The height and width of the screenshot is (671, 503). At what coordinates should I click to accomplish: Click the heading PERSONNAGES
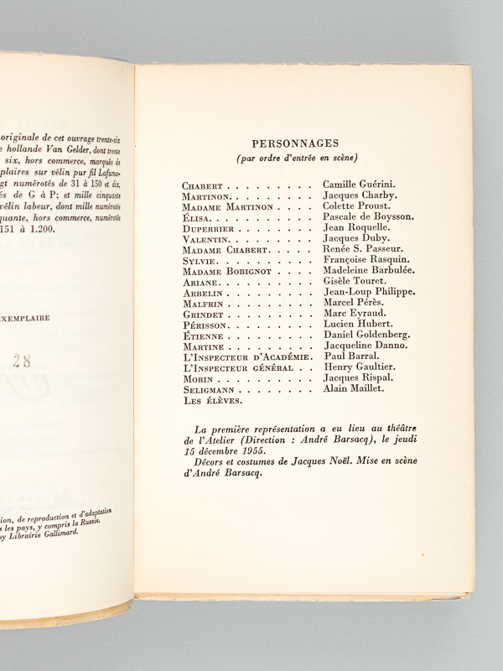[303, 143]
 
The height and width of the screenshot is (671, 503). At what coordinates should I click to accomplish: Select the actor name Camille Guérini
[360, 184]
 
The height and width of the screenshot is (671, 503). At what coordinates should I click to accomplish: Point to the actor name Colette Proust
[356, 205]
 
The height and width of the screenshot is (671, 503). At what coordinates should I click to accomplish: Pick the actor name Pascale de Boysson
[370, 216]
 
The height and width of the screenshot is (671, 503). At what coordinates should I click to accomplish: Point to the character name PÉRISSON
[205, 325]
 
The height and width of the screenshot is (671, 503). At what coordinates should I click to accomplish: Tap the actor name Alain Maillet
[353, 388]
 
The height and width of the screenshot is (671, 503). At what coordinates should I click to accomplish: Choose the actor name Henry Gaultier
[359, 367]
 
